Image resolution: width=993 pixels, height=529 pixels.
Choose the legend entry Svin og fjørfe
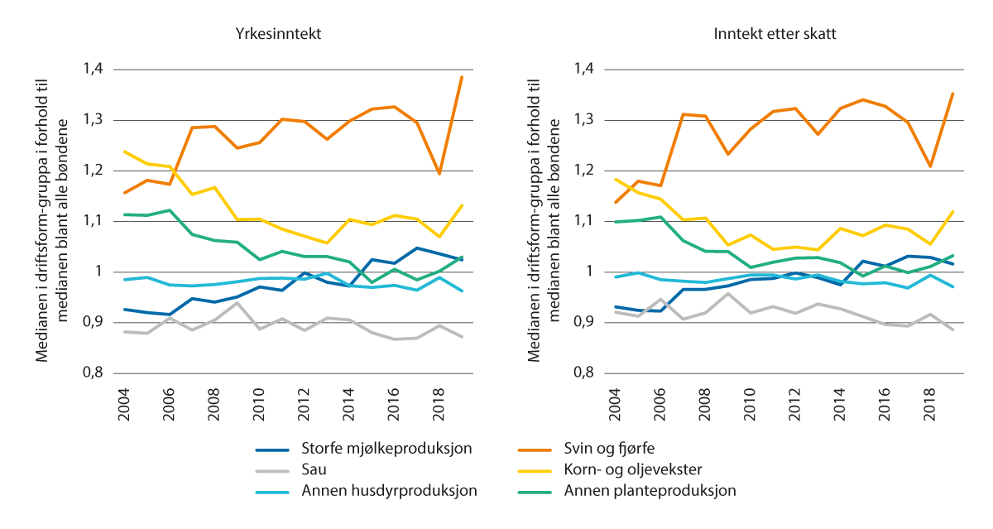(609, 449)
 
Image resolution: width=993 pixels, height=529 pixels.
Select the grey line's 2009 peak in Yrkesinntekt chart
(237, 303)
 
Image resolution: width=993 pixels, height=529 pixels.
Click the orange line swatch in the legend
(529, 450)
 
